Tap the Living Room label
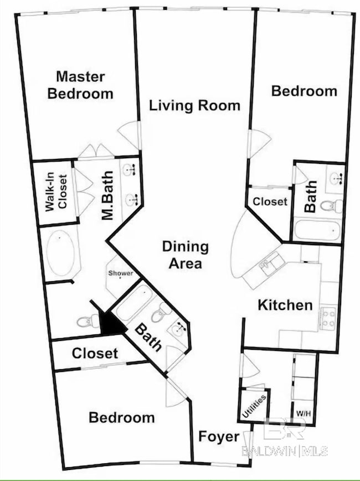tap(195, 105)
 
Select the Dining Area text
tap(186, 255)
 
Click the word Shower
tap(121, 273)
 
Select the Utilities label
tap(254, 406)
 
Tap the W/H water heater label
tap(304, 412)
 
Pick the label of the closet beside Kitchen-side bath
tap(270, 201)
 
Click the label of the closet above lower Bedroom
tap(95, 353)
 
